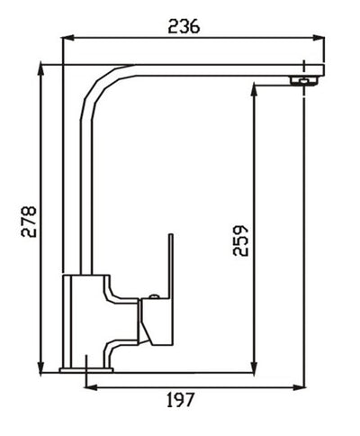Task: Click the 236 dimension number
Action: pyautogui.click(x=184, y=26)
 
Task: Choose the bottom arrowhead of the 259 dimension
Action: pyautogui.click(x=256, y=368)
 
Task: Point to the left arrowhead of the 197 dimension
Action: pyautogui.click(x=88, y=386)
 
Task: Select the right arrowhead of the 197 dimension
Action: pyautogui.click(x=301, y=386)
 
